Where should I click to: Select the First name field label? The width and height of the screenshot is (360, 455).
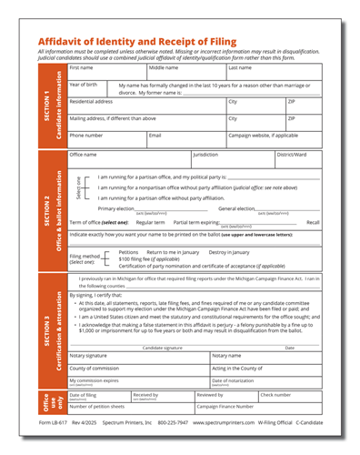coord(81,67)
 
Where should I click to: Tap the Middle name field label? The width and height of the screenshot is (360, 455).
coord(164,67)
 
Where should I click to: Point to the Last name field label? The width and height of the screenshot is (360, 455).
coord(240,67)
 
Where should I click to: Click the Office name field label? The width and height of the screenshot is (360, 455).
coord(83,155)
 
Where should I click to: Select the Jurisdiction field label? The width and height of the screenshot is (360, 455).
coord(205,155)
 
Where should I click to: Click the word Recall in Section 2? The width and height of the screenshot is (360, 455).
coord(313,222)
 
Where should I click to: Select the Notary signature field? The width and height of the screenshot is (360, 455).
coord(136,359)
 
